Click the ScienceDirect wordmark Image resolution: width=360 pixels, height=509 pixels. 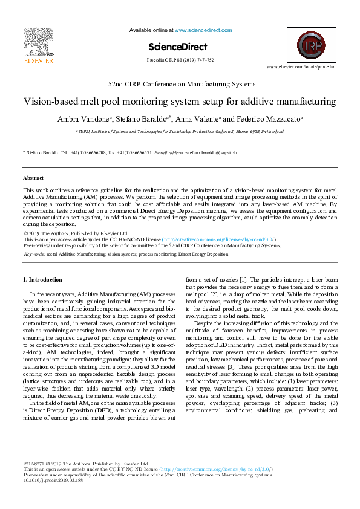180,47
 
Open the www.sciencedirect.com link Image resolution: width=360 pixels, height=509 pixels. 199,29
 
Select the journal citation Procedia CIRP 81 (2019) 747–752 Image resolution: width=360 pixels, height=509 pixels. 180,60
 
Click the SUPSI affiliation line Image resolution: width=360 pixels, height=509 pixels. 179,131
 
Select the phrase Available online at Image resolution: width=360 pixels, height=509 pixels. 151,29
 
